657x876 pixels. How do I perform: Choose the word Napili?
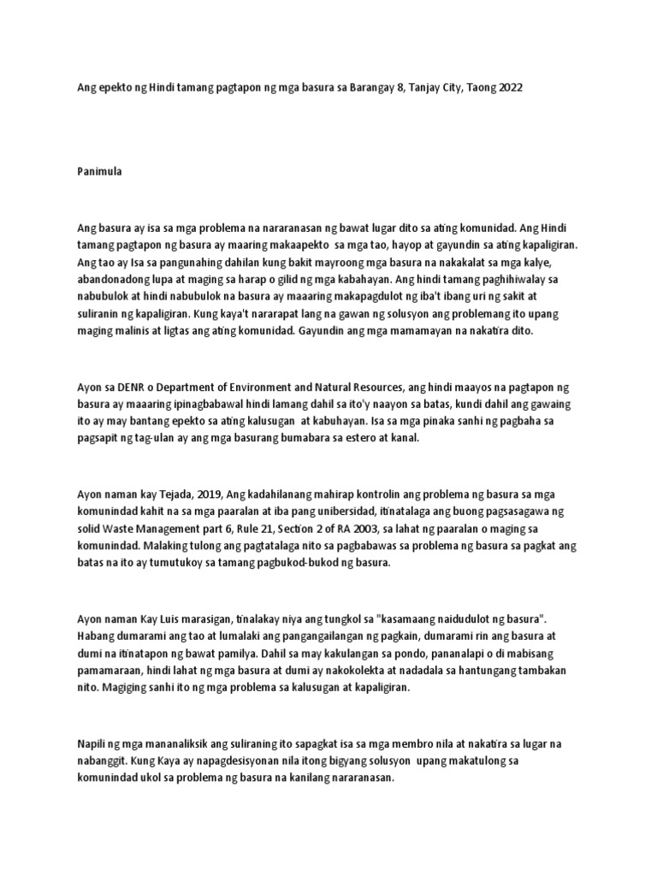(x=92, y=744)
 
